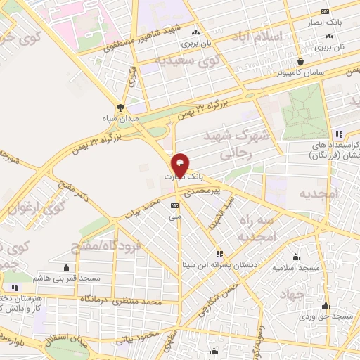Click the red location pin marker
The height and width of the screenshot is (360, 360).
point(181,165)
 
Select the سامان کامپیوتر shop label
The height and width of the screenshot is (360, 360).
point(300,72)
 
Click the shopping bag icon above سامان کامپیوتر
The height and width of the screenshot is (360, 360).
point(300,61)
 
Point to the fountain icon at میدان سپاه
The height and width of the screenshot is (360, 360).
point(120,108)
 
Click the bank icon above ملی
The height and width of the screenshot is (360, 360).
point(174,205)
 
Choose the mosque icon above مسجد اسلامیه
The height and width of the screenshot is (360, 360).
point(295,257)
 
